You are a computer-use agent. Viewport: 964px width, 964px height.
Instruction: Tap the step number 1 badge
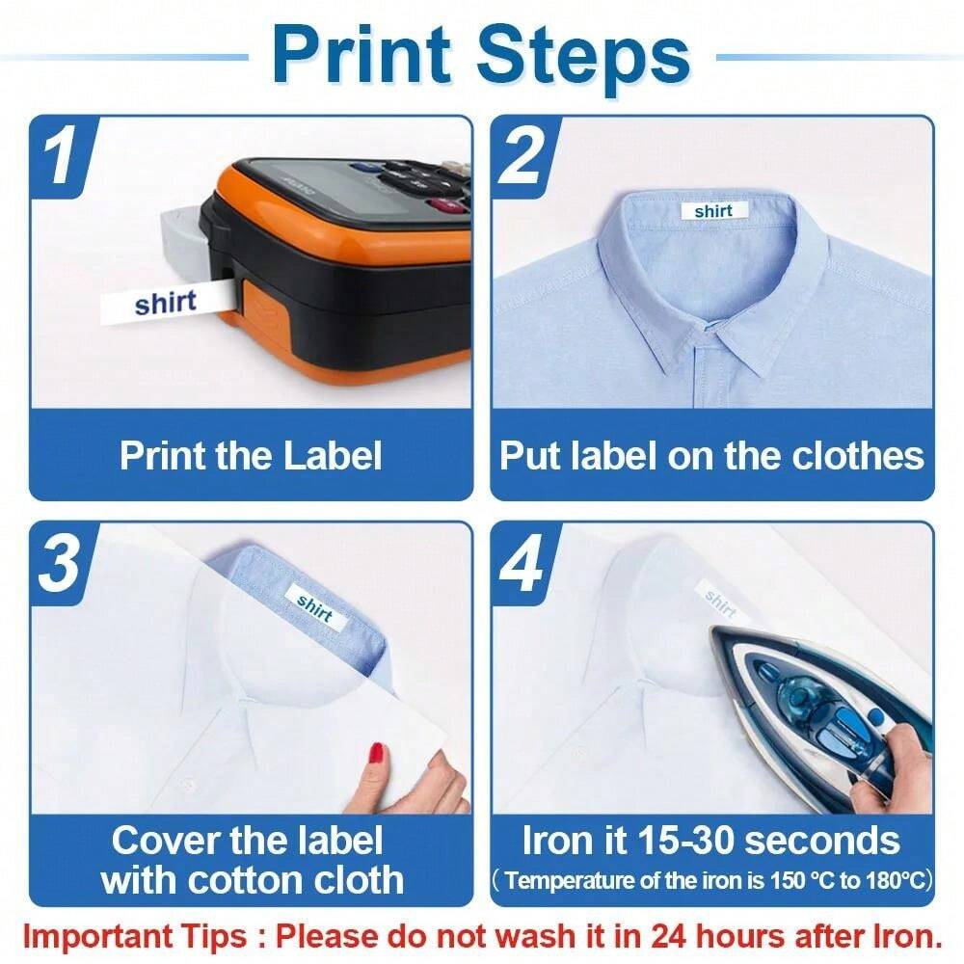pyautogui.click(x=62, y=155)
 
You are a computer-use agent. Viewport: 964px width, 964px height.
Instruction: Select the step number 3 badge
pyautogui.click(x=60, y=564)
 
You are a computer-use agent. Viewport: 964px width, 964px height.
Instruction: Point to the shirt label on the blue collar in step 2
pyautogui.click(x=713, y=211)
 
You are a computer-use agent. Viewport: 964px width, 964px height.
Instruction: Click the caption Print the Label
pyautogui.click(x=251, y=456)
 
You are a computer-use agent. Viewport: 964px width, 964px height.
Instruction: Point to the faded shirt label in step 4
pyautogui.click(x=721, y=602)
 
